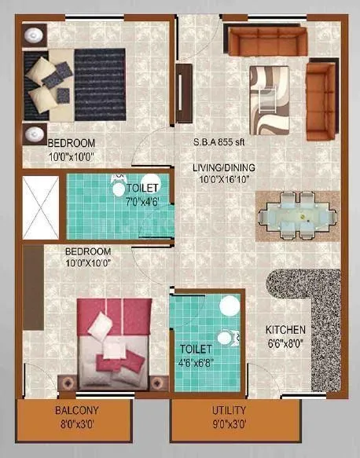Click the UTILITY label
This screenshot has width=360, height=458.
[229, 411]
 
